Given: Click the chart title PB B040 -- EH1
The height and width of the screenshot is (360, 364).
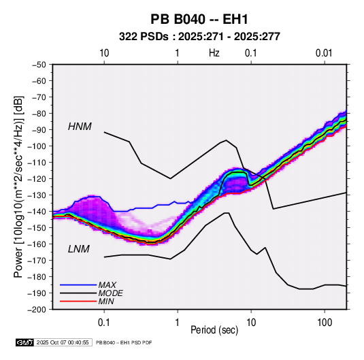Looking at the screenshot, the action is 199,19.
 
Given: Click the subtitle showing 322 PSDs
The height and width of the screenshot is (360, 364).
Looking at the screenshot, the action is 199,37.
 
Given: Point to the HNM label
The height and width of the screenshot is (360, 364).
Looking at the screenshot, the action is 80,127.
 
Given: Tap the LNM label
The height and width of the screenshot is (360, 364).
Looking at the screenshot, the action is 79,249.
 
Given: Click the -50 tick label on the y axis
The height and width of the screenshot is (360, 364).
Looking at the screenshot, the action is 39,65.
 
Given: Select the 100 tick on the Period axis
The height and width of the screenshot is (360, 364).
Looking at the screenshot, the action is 324,323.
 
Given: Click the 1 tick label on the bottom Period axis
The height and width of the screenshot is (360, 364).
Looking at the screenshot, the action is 177,323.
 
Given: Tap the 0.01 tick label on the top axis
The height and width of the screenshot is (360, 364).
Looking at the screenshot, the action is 324,53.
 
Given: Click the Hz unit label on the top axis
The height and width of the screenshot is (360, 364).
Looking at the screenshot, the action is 214,53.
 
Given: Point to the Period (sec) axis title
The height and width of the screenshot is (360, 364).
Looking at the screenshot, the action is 214,330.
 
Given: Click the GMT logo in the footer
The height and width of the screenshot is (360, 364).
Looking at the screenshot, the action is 25,342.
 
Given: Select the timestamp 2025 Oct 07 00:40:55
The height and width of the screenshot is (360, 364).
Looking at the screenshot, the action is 63,342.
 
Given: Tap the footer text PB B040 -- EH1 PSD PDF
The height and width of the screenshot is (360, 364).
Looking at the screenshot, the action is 124,342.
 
